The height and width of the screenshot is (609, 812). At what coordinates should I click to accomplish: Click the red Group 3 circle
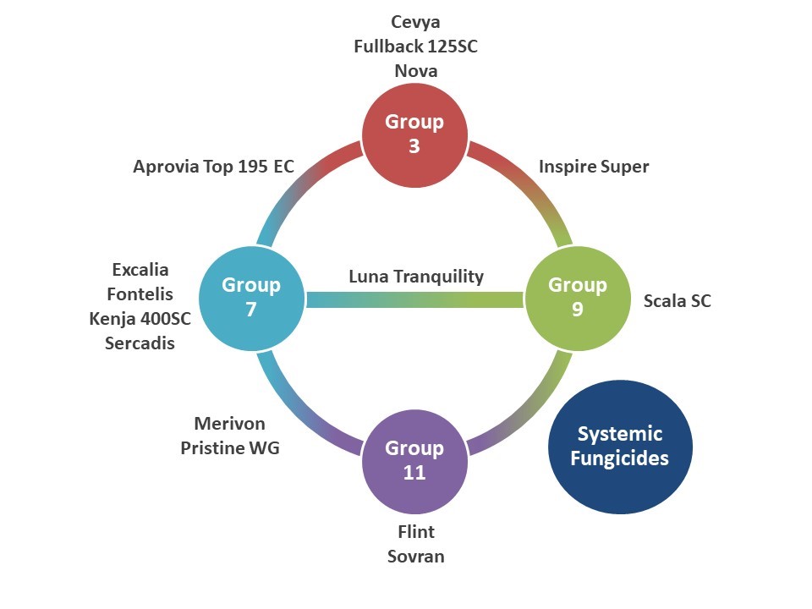pyautogui.click(x=414, y=134)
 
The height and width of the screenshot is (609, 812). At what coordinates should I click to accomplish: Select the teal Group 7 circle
pyautogui.click(x=251, y=297)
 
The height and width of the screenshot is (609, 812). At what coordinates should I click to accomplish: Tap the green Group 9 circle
pyautogui.click(x=578, y=297)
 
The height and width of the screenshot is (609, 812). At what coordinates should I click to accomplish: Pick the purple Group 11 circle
pyautogui.click(x=414, y=460)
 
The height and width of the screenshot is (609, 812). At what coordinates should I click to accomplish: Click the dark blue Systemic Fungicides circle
pyautogui.click(x=620, y=446)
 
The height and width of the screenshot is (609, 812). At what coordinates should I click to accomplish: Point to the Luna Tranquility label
pyautogui.click(x=416, y=277)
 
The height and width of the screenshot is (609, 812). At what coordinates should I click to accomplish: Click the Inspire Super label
pyautogui.click(x=594, y=167)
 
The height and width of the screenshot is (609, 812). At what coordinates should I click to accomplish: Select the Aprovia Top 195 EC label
pyautogui.click(x=213, y=167)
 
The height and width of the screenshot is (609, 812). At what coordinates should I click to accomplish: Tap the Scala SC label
pyautogui.click(x=677, y=300)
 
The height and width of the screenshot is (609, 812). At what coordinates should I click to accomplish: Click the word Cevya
pyautogui.click(x=415, y=22)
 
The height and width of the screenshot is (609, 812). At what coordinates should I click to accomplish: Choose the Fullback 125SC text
pyautogui.click(x=415, y=47)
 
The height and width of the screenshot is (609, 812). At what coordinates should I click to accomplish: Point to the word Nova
pyautogui.click(x=415, y=71)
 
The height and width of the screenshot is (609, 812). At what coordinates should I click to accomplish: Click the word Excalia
pyautogui.click(x=140, y=270)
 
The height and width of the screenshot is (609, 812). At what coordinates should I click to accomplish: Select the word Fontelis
pyautogui.click(x=140, y=294)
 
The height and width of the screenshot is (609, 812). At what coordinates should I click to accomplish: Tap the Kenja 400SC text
pyautogui.click(x=140, y=319)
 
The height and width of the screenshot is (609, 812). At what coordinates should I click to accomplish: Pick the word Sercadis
pyautogui.click(x=140, y=343)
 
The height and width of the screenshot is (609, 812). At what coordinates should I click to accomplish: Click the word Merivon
pyautogui.click(x=229, y=423)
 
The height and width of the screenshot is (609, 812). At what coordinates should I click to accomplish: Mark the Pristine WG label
pyautogui.click(x=229, y=447)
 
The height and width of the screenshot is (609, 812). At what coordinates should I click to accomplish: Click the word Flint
pyautogui.click(x=415, y=532)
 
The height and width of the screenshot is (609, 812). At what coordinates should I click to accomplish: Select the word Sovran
pyautogui.click(x=415, y=557)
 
